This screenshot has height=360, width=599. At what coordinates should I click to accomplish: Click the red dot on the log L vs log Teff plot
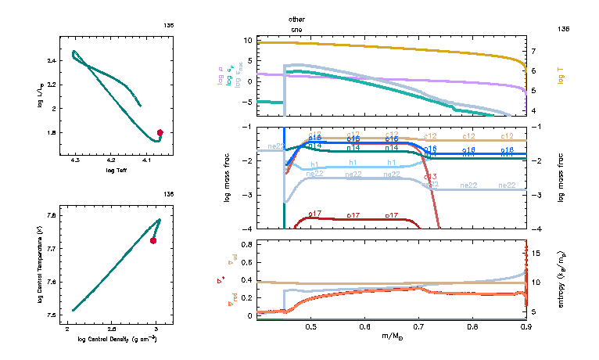pyautogui.click(x=160, y=132)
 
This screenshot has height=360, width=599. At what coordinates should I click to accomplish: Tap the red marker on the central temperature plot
pyautogui.click(x=153, y=241)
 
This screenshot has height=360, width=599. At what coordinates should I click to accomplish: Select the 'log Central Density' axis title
pyautogui.click(x=117, y=338)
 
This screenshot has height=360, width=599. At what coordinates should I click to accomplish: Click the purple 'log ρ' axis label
pyautogui.click(x=219, y=79)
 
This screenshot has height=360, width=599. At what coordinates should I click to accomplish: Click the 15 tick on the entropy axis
pyautogui.click(x=538, y=253)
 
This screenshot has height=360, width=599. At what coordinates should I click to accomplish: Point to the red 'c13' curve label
pyautogui.click(x=429, y=176)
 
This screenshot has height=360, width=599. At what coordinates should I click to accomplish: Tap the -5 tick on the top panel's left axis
pyautogui.click(x=248, y=102)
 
